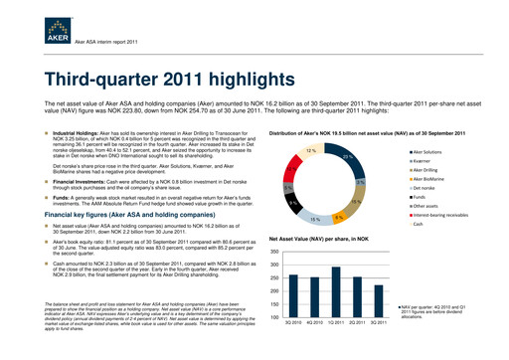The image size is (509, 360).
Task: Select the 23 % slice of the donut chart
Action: pos(347,160)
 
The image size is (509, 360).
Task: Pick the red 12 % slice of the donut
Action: pos(311,151)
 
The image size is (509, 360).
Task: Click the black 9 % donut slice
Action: pos(293,203)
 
